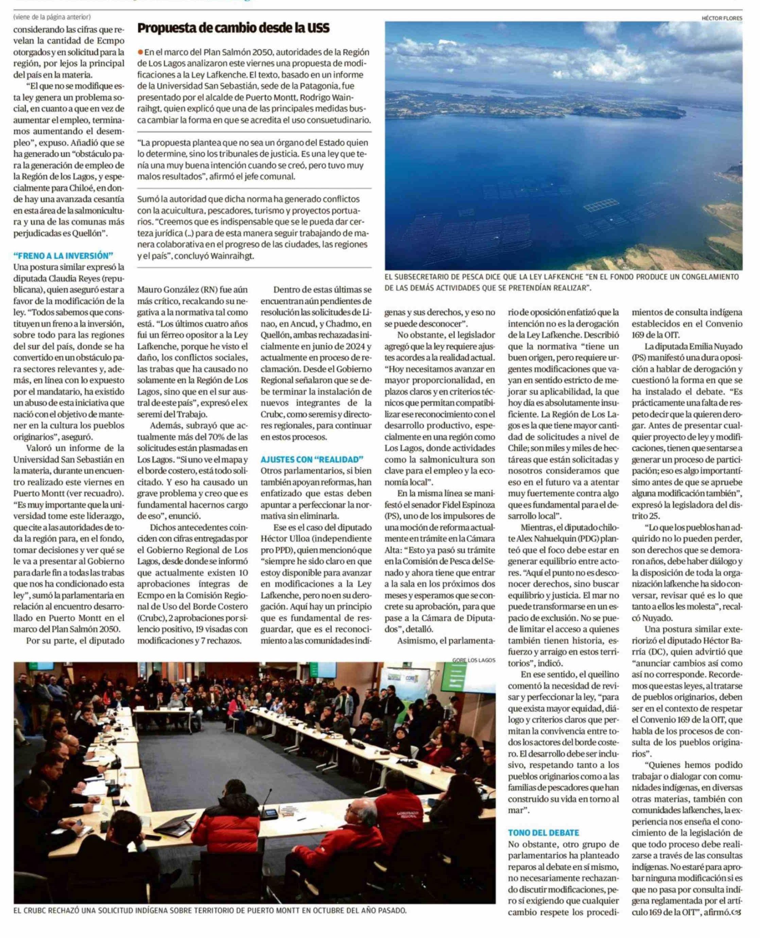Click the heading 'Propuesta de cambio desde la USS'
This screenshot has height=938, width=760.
pos(234,29)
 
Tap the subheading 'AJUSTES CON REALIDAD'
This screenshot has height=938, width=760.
pos(312,459)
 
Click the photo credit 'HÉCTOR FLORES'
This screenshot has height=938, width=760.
pos(722,18)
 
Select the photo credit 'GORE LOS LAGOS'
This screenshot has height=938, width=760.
pos(474,660)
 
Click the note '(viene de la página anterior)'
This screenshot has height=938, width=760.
pos(52,17)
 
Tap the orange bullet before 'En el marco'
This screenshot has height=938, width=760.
pos(140,52)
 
